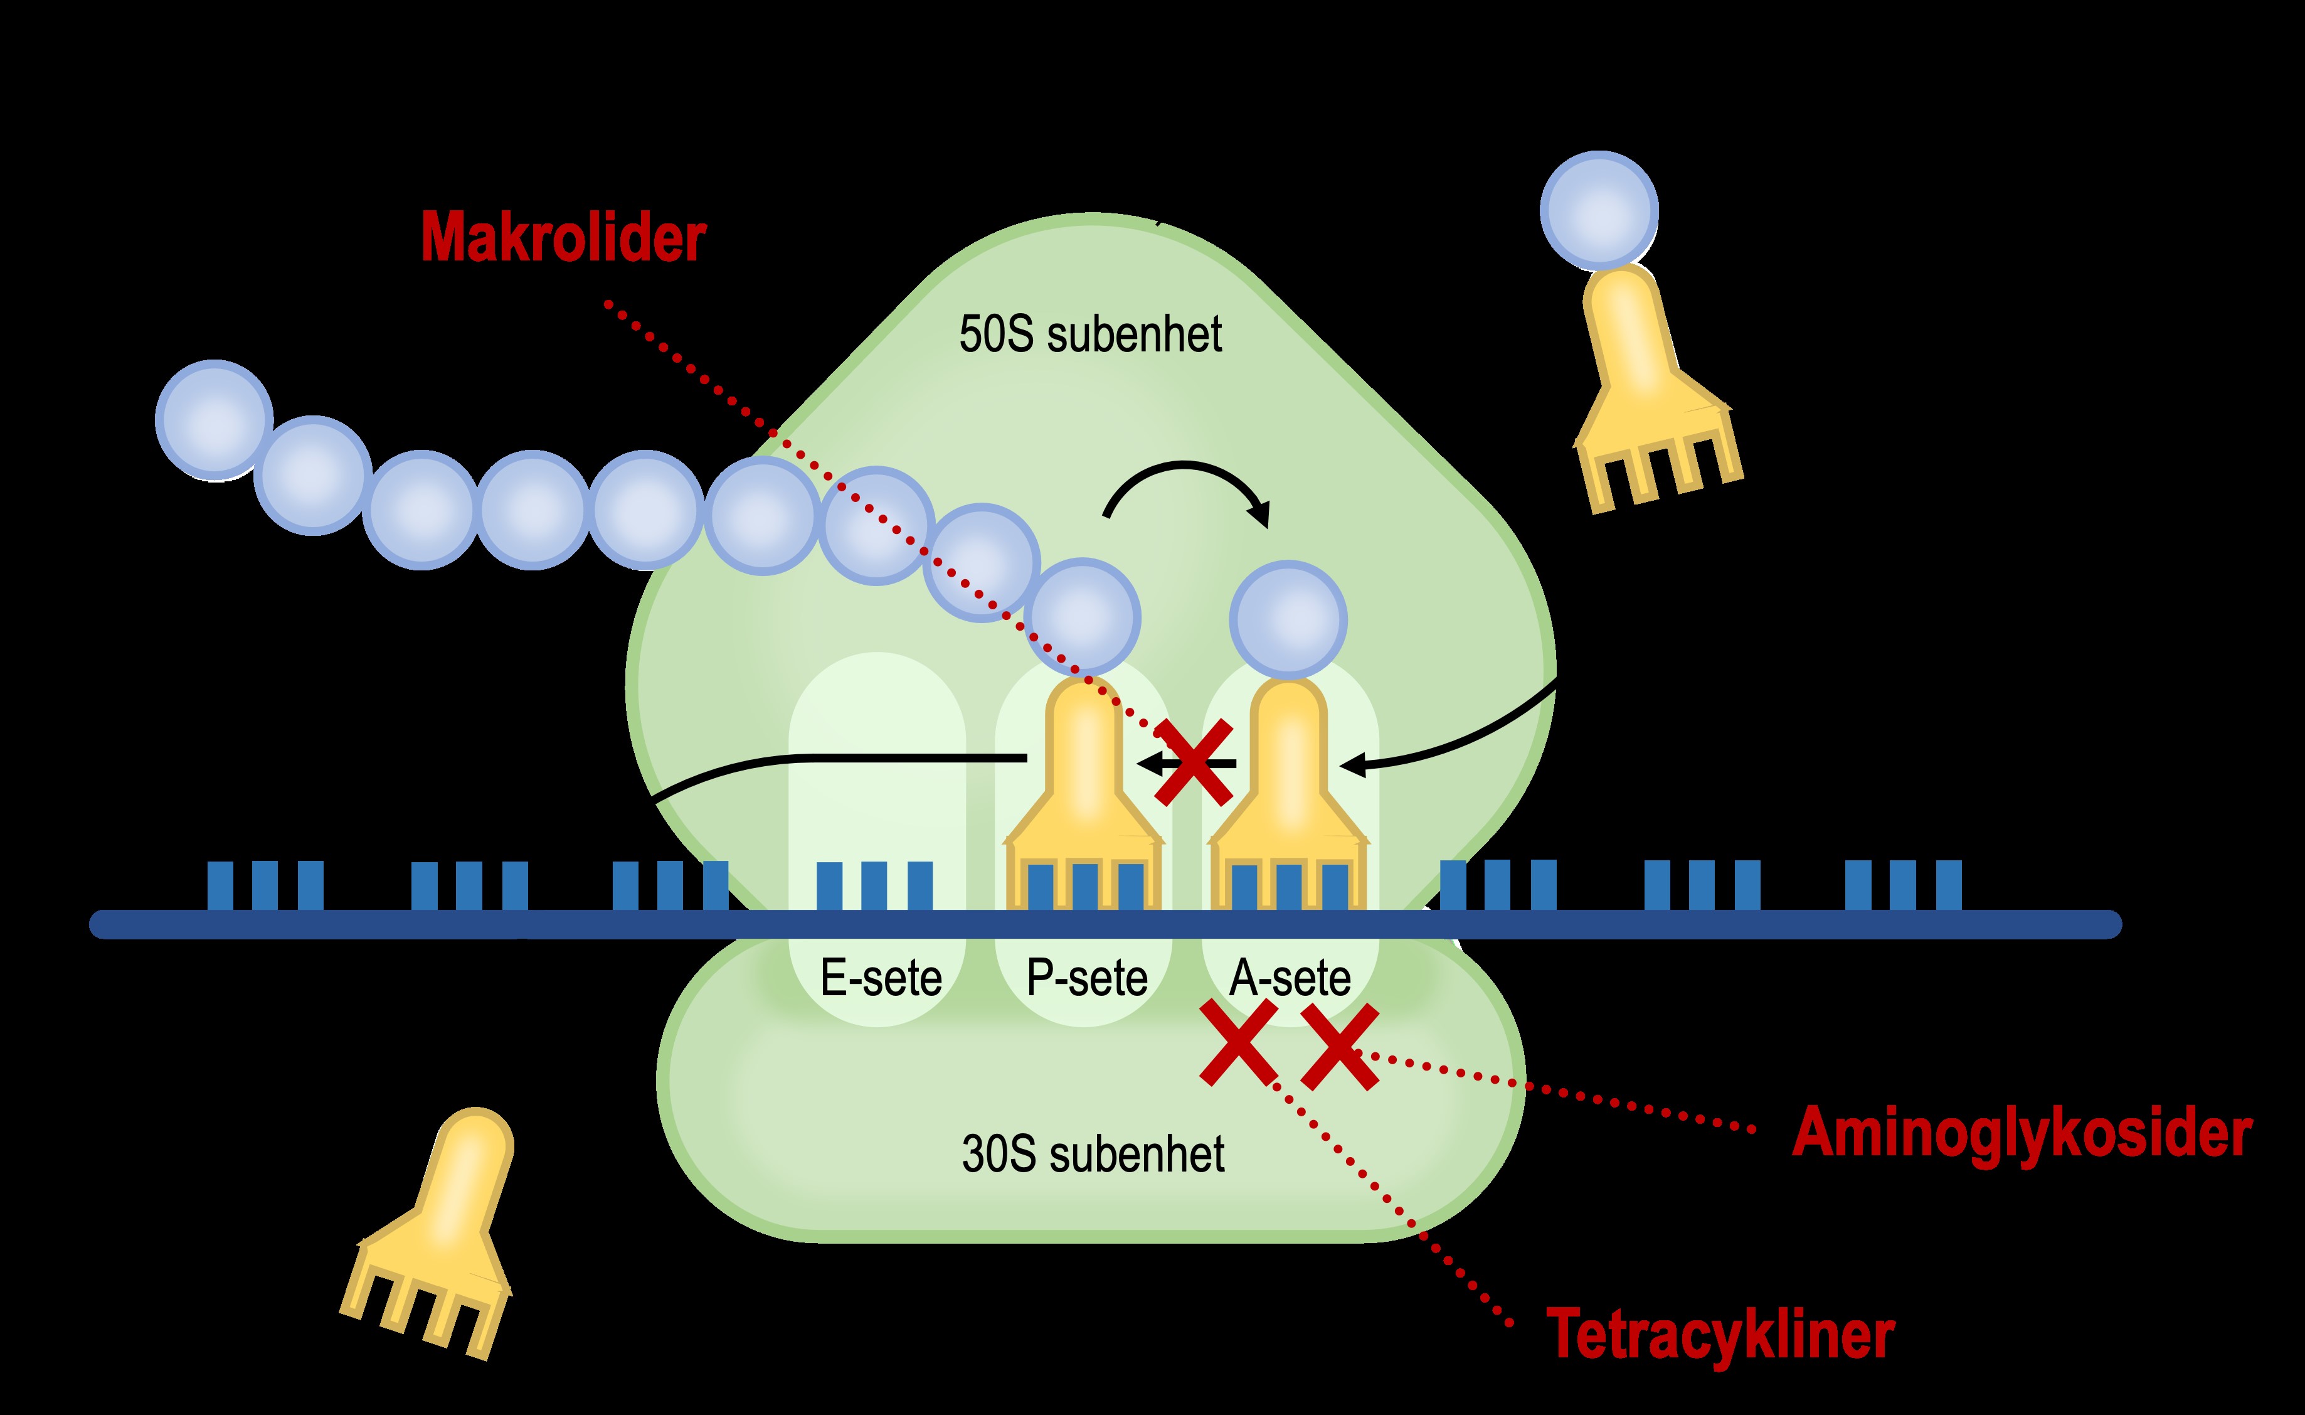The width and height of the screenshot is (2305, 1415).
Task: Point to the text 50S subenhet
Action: pyautogui.click(x=1090, y=335)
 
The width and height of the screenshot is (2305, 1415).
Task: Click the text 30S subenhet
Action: pyautogui.click(x=1093, y=1154)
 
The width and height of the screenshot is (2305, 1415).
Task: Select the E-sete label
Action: pyautogui.click(x=880, y=979)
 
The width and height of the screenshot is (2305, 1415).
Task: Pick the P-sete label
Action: pyautogui.click(x=1086, y=979)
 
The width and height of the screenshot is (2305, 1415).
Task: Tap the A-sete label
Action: pyautogui.click(x=1290, y=979)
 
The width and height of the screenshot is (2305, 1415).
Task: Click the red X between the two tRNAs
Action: pyautogui.click(x=1193, y=762)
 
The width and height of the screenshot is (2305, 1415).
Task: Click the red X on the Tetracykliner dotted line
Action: pyautogui.click(x=1239, y=1042)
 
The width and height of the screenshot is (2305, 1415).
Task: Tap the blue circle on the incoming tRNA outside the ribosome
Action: pyautogui.click(x=1599, y=209)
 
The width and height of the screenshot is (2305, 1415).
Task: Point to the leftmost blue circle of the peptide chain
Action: pyautogui.click(x=215, y=419)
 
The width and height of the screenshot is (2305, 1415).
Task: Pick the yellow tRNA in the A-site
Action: pyautogui.click(x=1288, y=786)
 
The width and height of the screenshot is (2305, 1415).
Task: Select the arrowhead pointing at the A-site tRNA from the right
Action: pyautogui.click(x=1350, y=766)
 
